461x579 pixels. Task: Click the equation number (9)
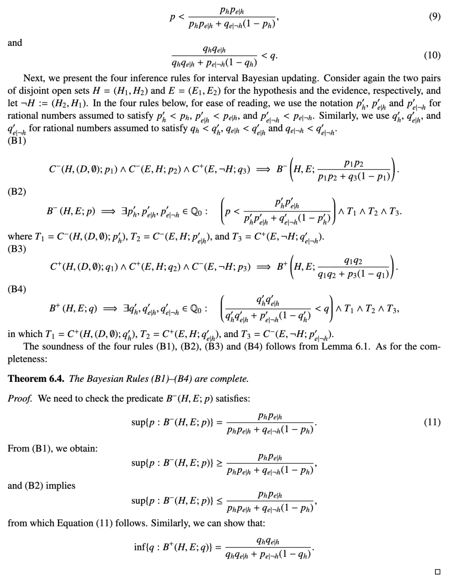pos(434,17)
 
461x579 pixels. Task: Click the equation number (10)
pos(432,55)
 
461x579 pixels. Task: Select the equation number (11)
pos(432,422)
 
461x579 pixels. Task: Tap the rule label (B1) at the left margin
pos(17,141)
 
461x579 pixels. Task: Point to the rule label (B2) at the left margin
pos(17,192)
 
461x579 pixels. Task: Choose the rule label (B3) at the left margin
pos(17,249)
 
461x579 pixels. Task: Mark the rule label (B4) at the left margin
pos(17,289)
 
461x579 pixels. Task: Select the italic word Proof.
pos(20,399)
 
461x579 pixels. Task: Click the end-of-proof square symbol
pos(437,571)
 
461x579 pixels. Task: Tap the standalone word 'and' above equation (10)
pos(15,43)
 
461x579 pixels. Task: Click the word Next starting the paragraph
pos(33,78)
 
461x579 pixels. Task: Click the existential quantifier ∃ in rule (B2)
pos(124,211)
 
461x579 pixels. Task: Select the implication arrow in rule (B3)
pos(263,267)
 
